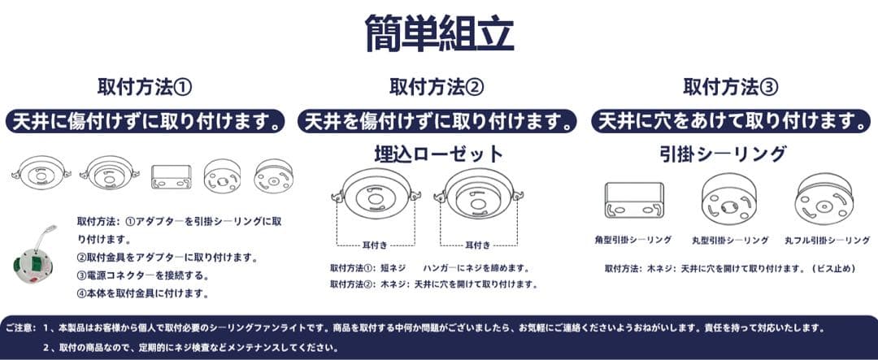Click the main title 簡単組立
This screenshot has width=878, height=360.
coord(439,32)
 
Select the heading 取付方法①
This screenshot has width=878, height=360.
coord(145,86)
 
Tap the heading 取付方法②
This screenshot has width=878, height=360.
coord(437,86)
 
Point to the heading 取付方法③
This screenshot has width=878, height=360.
coord(731,86)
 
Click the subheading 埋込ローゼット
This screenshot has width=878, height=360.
coord(438,154)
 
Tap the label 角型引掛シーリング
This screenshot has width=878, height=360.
coord(633,241)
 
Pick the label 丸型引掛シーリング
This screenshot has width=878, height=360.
coord(730,241)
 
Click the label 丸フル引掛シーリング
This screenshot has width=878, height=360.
coord(827,241)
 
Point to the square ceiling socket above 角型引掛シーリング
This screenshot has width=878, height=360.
coord(633,201)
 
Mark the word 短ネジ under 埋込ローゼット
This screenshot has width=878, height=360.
coord(394,267)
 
